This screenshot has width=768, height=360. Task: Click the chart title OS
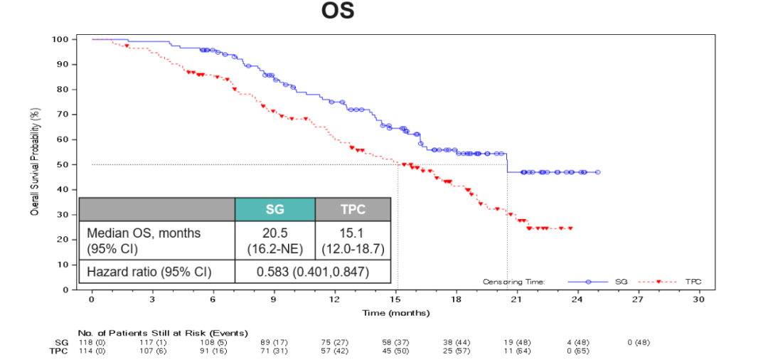(x=337, y=12)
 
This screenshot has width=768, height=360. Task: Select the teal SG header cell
(x=274, y=209)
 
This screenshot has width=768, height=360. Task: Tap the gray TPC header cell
(x=353, y=209)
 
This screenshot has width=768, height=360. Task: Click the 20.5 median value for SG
(x=274, y=233)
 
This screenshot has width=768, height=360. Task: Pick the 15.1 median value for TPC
(x=353, y=233)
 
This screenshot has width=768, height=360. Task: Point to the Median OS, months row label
(x=144, y=233)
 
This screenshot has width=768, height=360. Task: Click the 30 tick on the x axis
(x=698, y=300)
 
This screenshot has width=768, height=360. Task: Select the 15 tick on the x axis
(x=395, y=300)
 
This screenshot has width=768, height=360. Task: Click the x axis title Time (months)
(x=395, y=313)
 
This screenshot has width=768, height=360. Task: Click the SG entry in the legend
(x=621, y=282)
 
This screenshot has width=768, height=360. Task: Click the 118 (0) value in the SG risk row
(x=92, y=342)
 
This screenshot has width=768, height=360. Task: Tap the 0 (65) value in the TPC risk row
(x=577, y=351)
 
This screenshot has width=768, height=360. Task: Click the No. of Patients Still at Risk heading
(x=162, y=332)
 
